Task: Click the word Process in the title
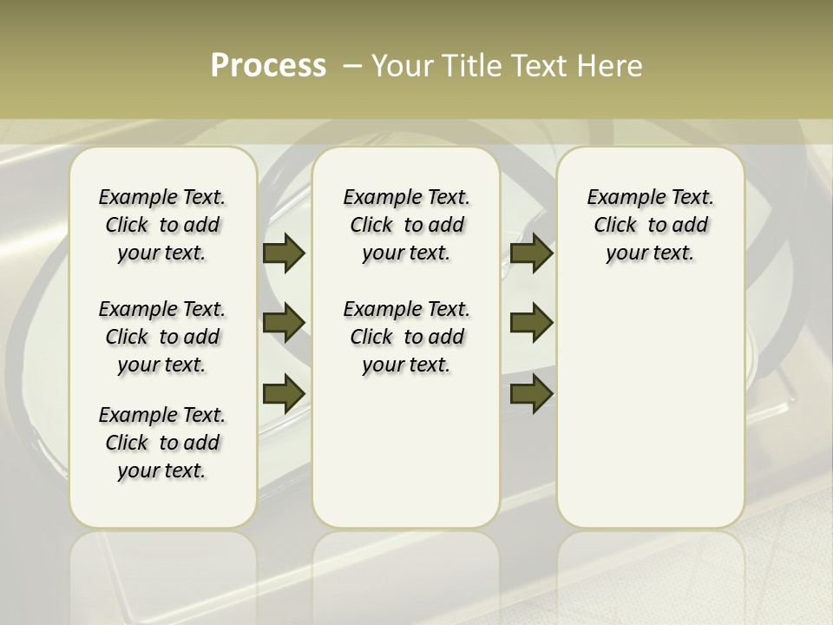(268, 66)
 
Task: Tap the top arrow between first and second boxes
(284, 253)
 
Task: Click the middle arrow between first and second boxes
(284, 323)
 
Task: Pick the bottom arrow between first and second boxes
(284, 393)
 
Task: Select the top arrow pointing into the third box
(531, 253)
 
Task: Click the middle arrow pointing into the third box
(531, 323)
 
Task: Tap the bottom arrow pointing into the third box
(531, 393)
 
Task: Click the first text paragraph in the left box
(162, 225)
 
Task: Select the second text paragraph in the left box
(162, 337)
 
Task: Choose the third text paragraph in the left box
(162, 443)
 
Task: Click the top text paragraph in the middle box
(406, 225)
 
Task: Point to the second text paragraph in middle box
(406, 337)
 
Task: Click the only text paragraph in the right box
(650, 225)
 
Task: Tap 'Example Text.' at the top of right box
(650, 197)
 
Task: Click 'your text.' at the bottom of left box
(162, 470)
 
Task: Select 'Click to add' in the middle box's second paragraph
(406, 337)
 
